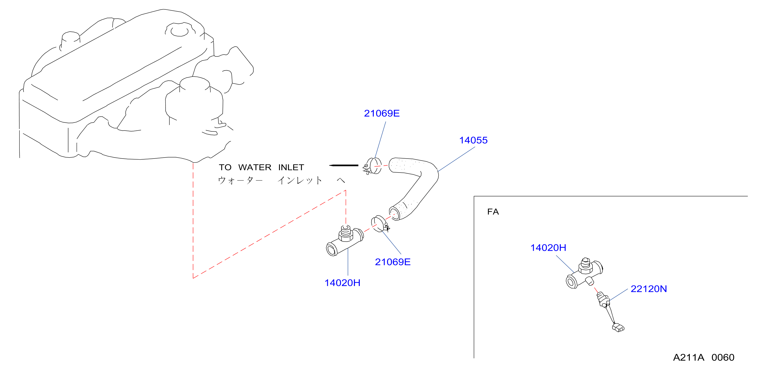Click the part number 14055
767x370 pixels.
pos(473,140)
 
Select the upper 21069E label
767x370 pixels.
pos(382,113)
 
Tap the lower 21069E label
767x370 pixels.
pos(393,262)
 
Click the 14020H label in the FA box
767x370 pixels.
pos(548,248)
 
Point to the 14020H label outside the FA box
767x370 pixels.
pos(342,283)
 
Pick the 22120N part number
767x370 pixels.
pos(649,289)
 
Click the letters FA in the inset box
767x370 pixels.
pos(493,212)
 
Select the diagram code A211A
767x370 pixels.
pos(689,357)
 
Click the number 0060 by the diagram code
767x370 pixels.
pos(723,357)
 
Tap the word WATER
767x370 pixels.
pos(255,167)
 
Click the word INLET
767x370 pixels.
pos(291,167)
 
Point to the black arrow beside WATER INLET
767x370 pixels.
pos(344,165)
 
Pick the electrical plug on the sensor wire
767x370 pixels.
pos(618,328)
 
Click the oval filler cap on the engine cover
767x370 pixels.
pos(179,31)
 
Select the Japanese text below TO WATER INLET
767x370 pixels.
pos(281,180)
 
